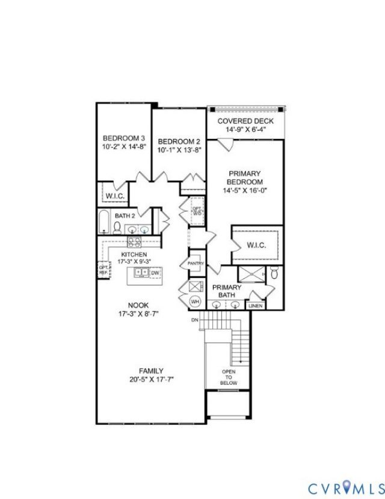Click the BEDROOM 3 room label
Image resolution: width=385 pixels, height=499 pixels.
[124, 137]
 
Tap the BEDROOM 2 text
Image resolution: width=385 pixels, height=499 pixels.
[179, 141]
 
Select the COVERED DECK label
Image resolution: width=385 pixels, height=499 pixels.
[245, 121]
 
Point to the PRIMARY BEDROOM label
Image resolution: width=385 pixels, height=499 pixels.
[245, 178]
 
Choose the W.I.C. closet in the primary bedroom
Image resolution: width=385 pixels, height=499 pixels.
[256, 245]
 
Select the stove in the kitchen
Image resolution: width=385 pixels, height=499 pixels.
[134, 242]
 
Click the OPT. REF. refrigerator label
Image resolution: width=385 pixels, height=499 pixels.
[103, 270]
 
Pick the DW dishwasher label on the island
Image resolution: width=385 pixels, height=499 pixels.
[155, 273]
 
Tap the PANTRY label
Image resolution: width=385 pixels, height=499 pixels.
[196, 264]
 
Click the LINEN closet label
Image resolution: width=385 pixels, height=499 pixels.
[255, 306]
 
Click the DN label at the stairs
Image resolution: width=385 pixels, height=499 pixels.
[194, 319]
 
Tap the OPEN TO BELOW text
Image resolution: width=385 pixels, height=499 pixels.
[229, 377]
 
